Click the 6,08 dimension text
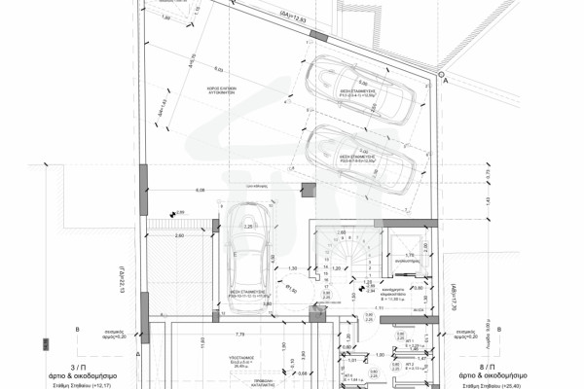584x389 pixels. pos(201,189)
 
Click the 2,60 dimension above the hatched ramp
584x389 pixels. pos(179,235)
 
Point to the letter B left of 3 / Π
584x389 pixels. pos(78,331)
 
